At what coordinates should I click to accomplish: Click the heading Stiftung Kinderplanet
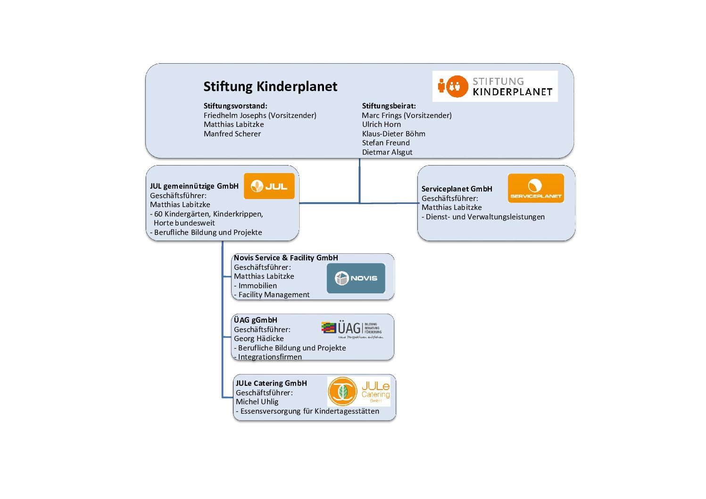pyautogui.click(x=270, y=86)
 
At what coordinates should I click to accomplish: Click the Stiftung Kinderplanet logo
pyautogui.click(x=495, y=86)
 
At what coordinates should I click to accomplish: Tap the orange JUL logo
pyautogui.click(x=269, y=186)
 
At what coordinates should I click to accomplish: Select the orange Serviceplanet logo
pyautogui.click(x=536, y=188)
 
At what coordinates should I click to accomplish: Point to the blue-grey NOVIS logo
pyautogui.click(x=356, y=278)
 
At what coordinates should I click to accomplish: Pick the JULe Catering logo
pyautogui.click(x=359, y=391)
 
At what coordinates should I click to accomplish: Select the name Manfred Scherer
pyautogui.click(x=232, y=134)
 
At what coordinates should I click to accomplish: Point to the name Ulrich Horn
pyautogui.click(x=381, y=125)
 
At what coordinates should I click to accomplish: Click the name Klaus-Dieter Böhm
pyautogui.click(x=393, y=134)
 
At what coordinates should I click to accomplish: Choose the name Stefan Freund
pyautogui.click(x=386, y=143)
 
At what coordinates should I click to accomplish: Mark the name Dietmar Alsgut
pyautogui.click(x=387, y=152)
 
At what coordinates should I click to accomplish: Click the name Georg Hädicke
pyautogui.click(x=258, y=339)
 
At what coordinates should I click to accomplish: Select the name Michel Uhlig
pyautogui.click(x=257, y=402)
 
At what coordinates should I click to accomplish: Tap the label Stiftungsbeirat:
pyautogui.click(x=389, y=106)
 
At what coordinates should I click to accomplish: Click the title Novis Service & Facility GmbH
pyautogui.click(x=286, y=258)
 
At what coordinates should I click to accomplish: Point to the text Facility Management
pyautogui.click(x=274, y=295)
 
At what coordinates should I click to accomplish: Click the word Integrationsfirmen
pyautogui.click(x=270, y=357)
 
